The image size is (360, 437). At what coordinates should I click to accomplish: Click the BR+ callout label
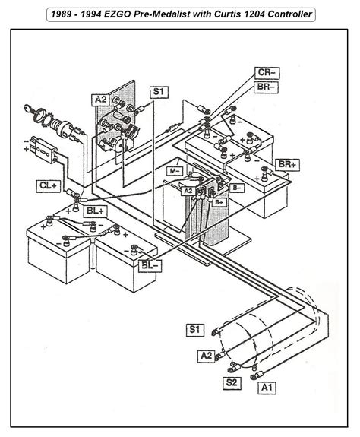[286, 164]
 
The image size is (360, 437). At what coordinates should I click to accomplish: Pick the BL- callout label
[150, 264]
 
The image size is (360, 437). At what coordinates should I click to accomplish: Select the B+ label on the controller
[220, 202]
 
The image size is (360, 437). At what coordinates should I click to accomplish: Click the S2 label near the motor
[229, 382]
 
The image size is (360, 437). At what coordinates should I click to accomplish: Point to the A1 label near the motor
[266, 388]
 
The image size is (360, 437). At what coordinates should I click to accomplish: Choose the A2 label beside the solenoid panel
[100, 100]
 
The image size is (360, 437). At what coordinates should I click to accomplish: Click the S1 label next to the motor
[194, 329]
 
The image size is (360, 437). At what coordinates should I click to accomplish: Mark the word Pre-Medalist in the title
[168, 14]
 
